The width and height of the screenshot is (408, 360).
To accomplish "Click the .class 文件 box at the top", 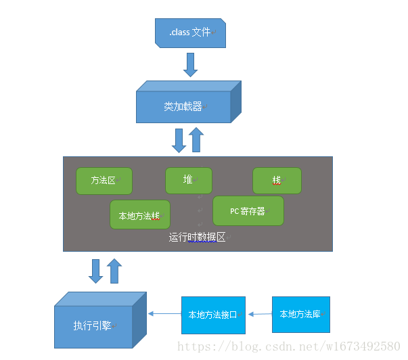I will tap(189, 32).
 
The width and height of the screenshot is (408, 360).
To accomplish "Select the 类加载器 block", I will tap(183, 107).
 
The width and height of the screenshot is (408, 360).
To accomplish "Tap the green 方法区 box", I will tap(104, 181).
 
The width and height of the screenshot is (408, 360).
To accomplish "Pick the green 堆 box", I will tap(188, 180).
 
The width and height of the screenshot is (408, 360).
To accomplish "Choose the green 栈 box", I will tap(277, 181).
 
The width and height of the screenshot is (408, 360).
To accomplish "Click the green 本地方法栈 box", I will tap(140, 216).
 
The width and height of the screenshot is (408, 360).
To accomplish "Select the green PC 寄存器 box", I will tap(248, 210).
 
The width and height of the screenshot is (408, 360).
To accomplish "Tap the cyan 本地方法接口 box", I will tap(212, 315).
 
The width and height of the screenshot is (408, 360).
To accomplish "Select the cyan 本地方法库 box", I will tap(300, 314).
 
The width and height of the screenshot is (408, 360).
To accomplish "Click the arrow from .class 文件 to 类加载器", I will tap(190, 64).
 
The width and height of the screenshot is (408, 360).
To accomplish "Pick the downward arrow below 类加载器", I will tap(179, 140).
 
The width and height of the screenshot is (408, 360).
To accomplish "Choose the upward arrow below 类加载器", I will tap(196, 140).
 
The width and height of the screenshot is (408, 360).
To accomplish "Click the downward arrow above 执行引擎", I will tap(96, 271).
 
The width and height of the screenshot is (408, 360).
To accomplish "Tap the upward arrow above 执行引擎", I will tap(114, 271).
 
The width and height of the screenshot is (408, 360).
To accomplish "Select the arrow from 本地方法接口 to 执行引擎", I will tap(164, 313).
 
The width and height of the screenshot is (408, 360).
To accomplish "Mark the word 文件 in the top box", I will tap(201, 32).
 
